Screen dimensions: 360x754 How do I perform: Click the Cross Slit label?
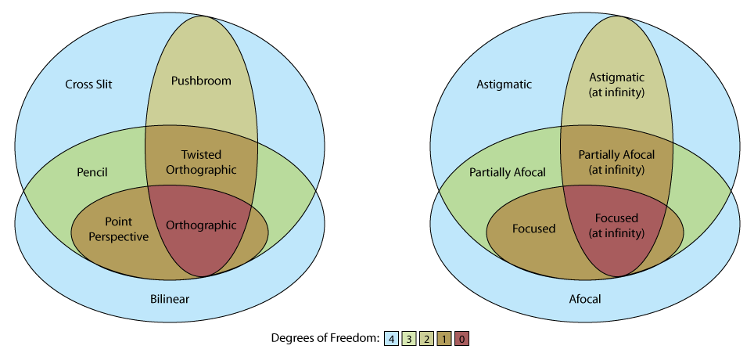point(88,84)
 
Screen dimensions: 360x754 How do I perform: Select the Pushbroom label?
point(201,80)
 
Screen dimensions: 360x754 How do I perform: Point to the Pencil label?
point(92,171)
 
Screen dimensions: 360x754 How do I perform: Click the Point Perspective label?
point(116,230)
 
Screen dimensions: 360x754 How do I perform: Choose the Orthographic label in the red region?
point(201,225)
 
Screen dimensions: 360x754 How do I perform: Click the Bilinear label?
point(170,298)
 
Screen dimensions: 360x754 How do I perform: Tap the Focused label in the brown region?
point(533,229)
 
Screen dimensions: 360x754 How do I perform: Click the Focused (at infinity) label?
point(616,225)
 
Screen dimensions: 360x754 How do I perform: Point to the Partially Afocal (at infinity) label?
point(616,161)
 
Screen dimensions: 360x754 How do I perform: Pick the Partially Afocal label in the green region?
point(507,172)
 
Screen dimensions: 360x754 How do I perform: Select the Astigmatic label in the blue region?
point(504,84)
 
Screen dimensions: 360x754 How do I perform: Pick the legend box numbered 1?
point(444,338)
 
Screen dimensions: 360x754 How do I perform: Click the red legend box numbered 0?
point(461,338)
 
